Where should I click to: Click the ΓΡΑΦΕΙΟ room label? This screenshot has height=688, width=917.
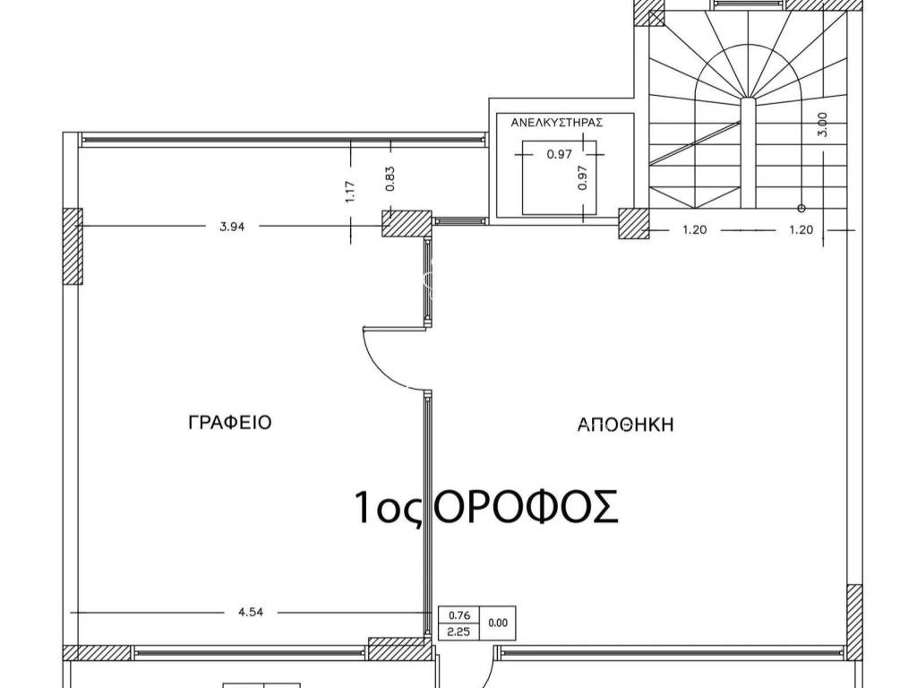point(229,423)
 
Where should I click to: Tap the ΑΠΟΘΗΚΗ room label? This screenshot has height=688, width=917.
point(625,426)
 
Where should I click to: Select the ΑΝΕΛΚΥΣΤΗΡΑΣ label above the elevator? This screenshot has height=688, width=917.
point(556,125)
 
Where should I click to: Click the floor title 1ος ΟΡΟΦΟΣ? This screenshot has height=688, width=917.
point(485,507)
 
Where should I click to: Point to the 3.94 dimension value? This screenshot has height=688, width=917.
point(232,227)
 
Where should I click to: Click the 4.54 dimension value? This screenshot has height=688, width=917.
point(251,614)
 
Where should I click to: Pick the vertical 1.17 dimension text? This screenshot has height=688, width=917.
point(350,192)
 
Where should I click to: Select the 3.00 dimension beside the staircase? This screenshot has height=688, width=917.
point(822,123)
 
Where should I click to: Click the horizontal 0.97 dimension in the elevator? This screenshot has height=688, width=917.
point(559,154)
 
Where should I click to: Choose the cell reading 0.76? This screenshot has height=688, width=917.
point(458,615)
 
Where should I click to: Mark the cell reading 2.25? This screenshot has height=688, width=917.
point(458,631)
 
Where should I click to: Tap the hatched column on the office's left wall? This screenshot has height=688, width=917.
point(72,245)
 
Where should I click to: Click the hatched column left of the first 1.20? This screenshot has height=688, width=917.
point(635,224)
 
